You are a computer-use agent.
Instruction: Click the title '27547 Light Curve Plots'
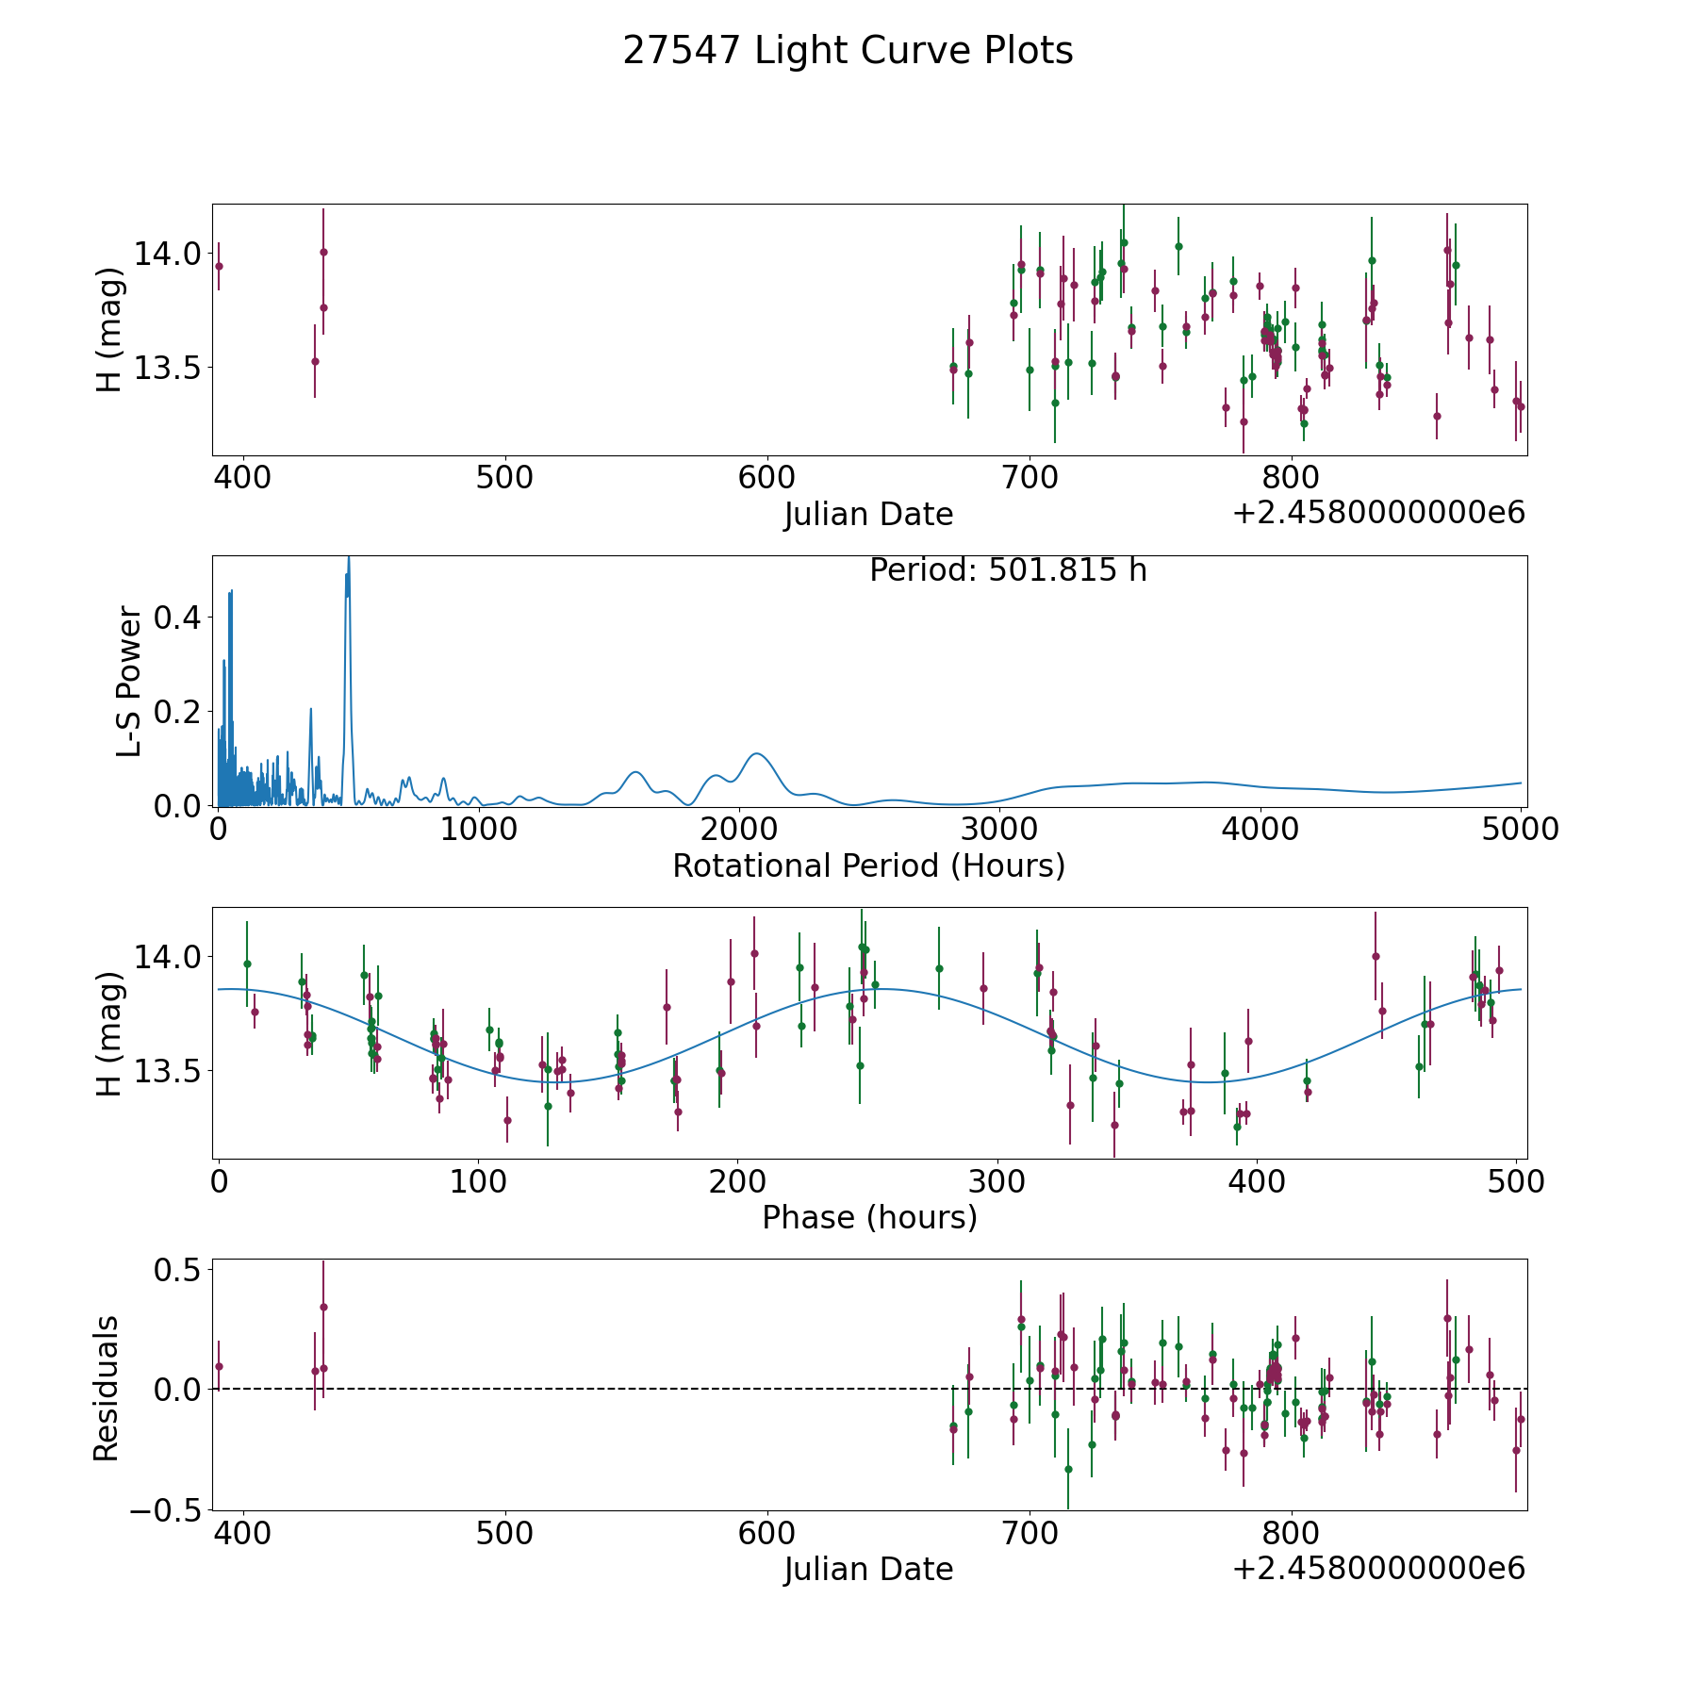coord(848,51)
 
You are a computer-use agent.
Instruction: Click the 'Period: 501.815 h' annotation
coord(1008,570)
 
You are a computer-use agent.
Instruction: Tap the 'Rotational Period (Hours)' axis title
coord(868,865)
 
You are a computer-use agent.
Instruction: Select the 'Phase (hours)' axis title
coord(869,1217)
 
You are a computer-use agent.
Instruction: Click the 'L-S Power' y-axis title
coord(130,681)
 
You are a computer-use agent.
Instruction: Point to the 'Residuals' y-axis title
coord(107,1389)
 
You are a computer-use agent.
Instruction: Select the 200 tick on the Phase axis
coord(738,1181)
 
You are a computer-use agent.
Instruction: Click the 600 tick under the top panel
coord(766,477)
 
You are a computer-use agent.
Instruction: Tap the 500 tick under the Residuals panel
coord(504,1533)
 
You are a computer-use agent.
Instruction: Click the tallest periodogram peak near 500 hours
coord(349,557)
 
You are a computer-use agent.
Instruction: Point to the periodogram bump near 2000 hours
coord(756,753)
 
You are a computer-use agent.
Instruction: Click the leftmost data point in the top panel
coord(219,266)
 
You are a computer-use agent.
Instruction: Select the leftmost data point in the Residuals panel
coord(219,1366)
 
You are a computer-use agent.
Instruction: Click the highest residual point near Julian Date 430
coord(323,1307)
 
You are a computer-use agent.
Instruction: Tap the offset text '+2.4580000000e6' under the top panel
coord(1378,513)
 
